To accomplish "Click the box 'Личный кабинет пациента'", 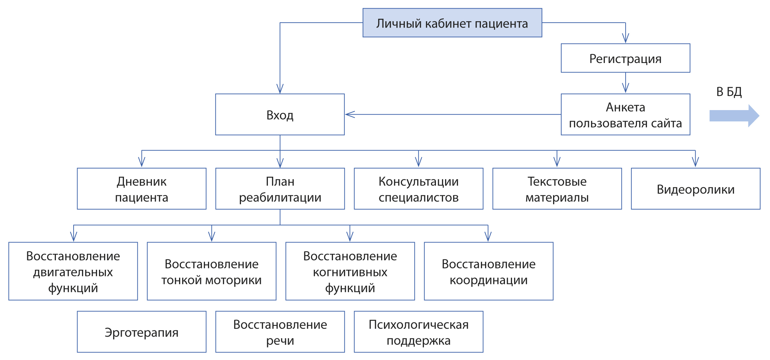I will tap(452, 23).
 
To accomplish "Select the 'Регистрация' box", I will tap(625, 58).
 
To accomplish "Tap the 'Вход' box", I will tap(280, 115).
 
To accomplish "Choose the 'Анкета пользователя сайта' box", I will tap(625, 115).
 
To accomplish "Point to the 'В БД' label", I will tap(729, 92).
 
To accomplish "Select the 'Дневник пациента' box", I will tap(142, 189).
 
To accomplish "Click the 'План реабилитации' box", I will tap(280, 189).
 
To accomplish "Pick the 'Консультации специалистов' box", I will tap(419, 189).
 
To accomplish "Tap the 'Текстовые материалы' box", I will tap(557, 189).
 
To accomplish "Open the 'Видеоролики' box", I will tap(695, 189).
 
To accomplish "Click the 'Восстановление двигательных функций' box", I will tap(73, 272).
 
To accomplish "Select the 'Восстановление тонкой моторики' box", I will tap(212, 272).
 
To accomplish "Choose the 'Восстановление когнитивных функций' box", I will tap(350, 272).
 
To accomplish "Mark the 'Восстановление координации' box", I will tap(489, 272).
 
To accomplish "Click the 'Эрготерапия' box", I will tap(142, 332).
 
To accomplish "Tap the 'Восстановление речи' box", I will tap(280, 332).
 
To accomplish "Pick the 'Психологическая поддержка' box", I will tap(419, 332).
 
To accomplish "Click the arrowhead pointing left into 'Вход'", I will tap(350, 114).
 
